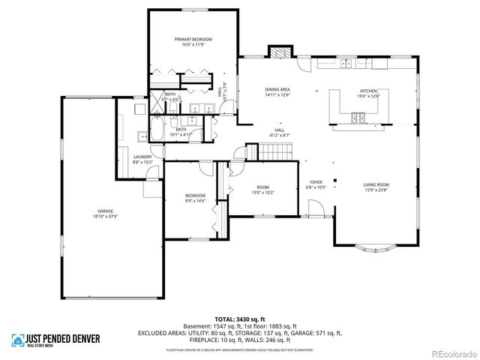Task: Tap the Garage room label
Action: pos(105,211)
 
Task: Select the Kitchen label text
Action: pos(370,90)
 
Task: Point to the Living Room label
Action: pos(376,184)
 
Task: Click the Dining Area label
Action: pos(277,90)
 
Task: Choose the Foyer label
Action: pos(316,182)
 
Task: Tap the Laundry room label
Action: pos(142,157)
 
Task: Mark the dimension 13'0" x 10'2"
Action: pos(262,192)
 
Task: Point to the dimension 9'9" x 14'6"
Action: pos(195,200)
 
